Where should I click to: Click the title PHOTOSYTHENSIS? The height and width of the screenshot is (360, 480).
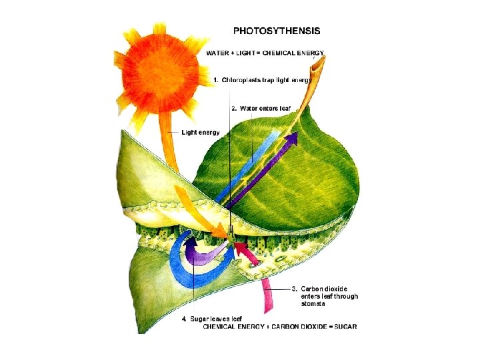tap(276, 31)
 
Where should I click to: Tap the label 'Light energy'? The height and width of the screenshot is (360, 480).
tap(201, 133)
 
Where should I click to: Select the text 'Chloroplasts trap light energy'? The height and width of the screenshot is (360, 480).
tap(267, 80)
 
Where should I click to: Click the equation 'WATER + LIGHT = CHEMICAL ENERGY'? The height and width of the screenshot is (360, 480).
tap(265, 52)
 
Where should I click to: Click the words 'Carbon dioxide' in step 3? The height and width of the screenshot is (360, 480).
tap(324, 289)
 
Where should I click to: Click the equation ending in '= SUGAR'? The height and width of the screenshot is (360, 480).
tap(280, 326)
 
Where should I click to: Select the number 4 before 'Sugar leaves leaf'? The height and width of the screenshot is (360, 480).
tap(185, 318)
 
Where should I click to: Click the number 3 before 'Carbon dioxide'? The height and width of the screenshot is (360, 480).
tap(295, 289)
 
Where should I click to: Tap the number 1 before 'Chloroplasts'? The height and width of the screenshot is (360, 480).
tap(215, 80)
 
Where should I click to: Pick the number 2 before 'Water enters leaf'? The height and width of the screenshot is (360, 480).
tap(233, 108)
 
